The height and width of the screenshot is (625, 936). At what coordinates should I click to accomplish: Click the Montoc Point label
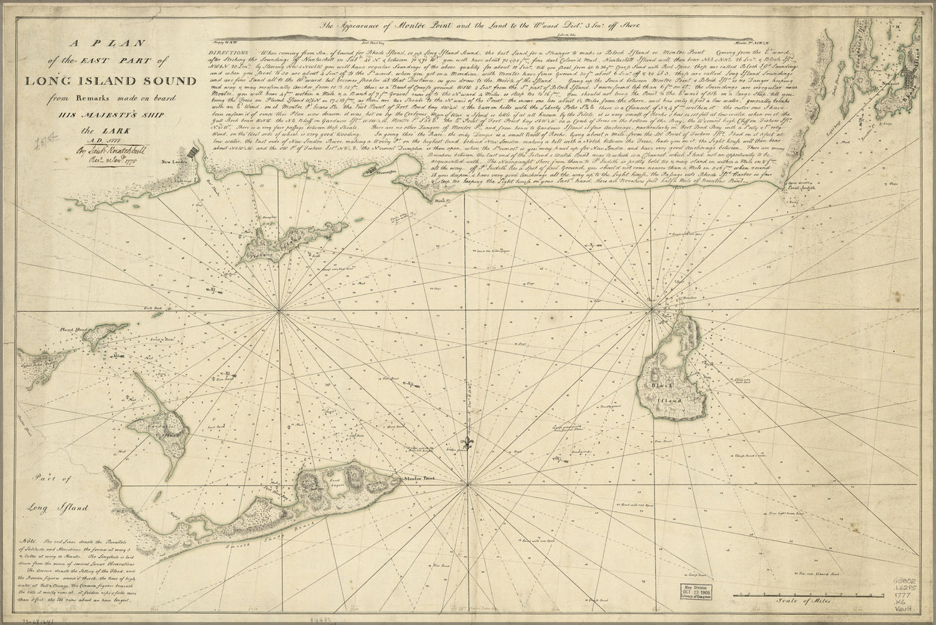pos(416,479)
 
